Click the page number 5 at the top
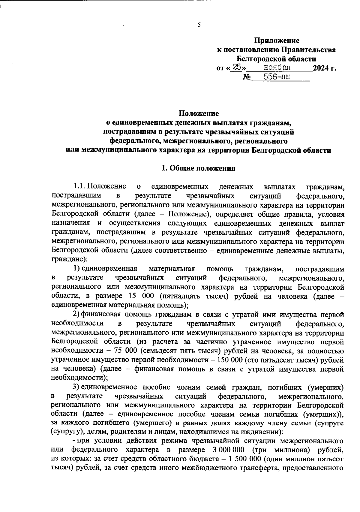pos(199,25)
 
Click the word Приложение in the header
pos(277,40)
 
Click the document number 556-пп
pos(277,77)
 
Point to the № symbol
pos(246,77)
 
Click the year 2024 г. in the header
pos(324,68)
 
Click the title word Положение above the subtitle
pos(199,113)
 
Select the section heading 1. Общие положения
pos(198,168)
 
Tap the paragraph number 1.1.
pos(80,187)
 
